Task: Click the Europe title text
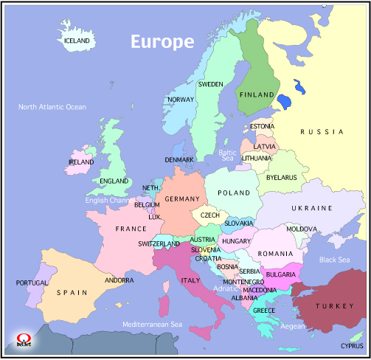pyautogui.click(x=162, y=41)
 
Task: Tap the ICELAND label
pyautogui.click(x=77, y=41)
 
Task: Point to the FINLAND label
pyautogui.click(x=256, y=94)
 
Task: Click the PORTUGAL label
pyautogui.click(x=32, y=283)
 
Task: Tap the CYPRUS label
pyautogui.click(x=352, y=345)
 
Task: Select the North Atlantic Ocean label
pyautogui.click(x=52, y=107)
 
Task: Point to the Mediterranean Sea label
pyautogui.click(x=152, y=324)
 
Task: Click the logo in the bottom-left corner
pyautogui.click(x=22, y=339)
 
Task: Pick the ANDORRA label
pyautogui.click(x=119, y=280)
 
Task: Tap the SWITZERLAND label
pyautogui.click(x=159, y=243)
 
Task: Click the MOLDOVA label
pyautogui.click(x=302, y=229)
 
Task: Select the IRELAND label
pyautogui.click(x=81, y=162)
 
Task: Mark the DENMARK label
pyautogui.click(x=179, y=159)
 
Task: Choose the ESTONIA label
pyautogui.click(x=262, y=126)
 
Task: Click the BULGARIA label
pyautogui.click(x=281, y=274)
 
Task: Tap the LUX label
pyautogui.click(x=154, y=217)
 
